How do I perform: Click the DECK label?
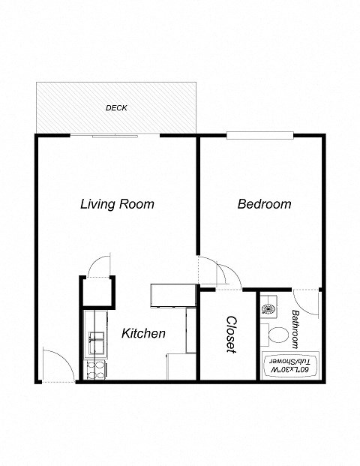[x=116, y=108]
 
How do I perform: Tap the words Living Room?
[x=117, y=204]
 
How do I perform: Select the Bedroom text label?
[x=264, y=204]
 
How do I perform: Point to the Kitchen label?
[x=143, y=333]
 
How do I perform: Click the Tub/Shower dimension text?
[x=291, y=367]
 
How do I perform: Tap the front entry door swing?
[x=58, y=365]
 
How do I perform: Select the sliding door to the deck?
[x=115, y=136]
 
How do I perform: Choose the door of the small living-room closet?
[x=100, y=265]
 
